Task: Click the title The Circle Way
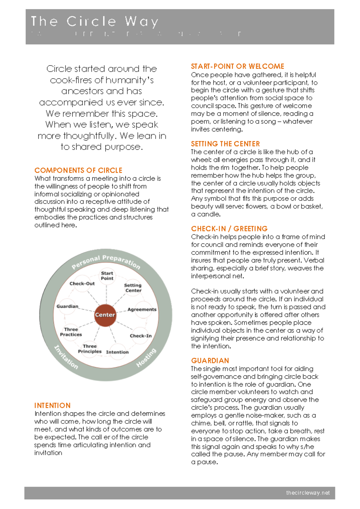pos(94,22)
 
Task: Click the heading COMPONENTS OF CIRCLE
pos(78,170)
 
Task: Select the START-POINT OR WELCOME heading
pos(237,66)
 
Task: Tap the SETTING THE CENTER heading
pos(225,144)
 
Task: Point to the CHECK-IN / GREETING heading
pos(229,229)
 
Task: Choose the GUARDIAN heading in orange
pos(210,360)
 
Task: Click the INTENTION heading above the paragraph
pos(52,405)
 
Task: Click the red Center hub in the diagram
pos(105,315)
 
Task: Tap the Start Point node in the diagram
pos(107,276)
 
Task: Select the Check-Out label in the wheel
pos(82,284)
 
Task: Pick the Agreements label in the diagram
pos(142,309)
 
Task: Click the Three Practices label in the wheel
pos(71,332)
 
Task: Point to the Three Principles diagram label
pos(90,349)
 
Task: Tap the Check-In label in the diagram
pos(140,336)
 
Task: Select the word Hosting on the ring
pos(146,357)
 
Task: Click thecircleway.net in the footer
pos(308,493)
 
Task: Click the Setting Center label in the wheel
pos(133,288)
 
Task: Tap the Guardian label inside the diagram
pos(67,306)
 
